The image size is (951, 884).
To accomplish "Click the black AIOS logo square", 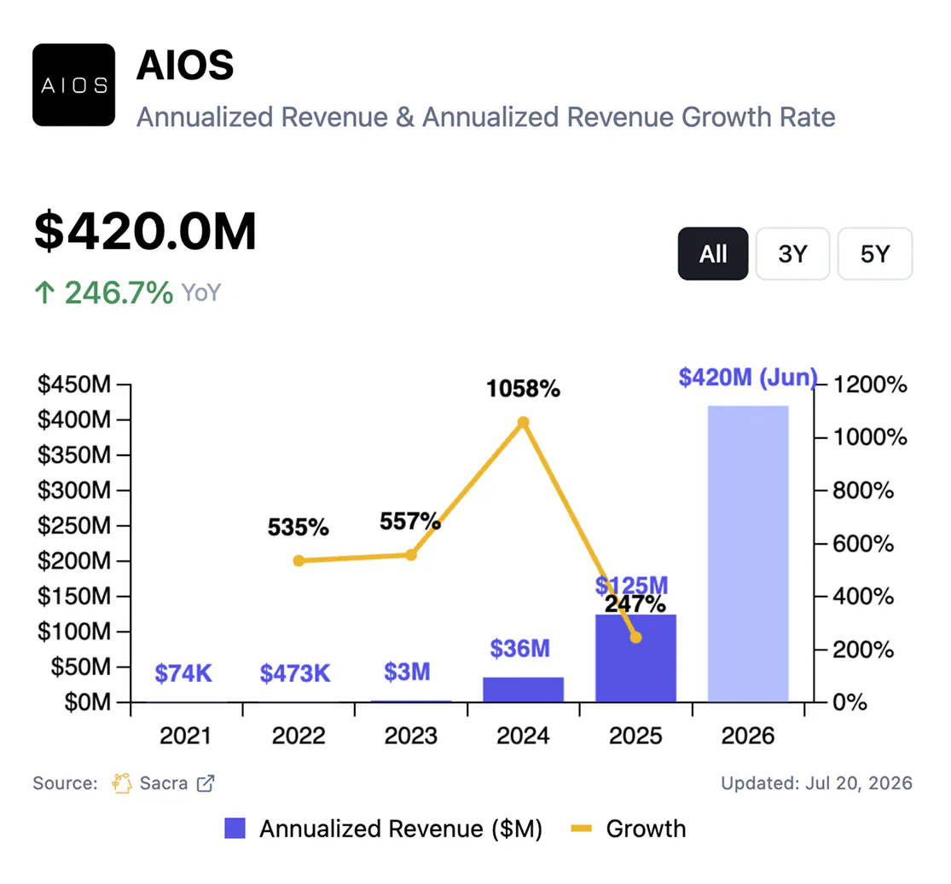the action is pyautogui.click(x=74, y=85).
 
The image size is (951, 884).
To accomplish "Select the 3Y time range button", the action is pyautogui.click(x=792, y=253).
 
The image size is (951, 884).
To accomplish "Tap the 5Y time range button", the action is pyautogui.click(x=875, y=253).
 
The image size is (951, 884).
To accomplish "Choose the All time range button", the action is pyautogui.click(x=713, y=253).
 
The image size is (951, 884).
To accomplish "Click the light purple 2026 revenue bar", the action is pyautogui.click(x=748, y=553).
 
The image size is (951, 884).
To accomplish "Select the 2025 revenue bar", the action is pyautogui.click(x=635, y=658).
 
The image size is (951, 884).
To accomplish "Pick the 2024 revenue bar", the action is pyautogui.click(x=524, y=690).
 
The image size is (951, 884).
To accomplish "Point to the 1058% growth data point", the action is pyautogui.click(x=524, y=422).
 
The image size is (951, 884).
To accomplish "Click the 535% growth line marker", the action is pyautogui.click(x=299, y=561).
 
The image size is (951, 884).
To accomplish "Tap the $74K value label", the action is pyautogui.click(x=183, y=673).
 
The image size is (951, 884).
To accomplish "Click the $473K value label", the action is pyautogui.click(x=295, y=673).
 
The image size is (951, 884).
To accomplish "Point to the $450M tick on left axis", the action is pyautogui.click(x=74, y=384).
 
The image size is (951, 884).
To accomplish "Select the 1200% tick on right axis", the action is pyautogui.click(x=870, y=384).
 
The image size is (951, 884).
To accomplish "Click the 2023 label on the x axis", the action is pyautogui.click(x=410, y=736).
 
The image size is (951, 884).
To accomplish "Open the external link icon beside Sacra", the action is pyautogui.click(x=206, y=783).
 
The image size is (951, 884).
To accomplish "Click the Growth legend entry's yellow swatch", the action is pyautogui.click(x=581, y=829).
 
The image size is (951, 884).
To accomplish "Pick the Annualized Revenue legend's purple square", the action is pyautogui.click(x=235, y=829).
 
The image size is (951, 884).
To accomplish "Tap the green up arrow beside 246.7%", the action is pyautogui.click(x=44, y=292).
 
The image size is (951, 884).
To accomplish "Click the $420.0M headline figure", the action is pyautogui.click(x=146, y=231).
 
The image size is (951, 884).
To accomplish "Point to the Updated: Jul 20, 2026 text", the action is pyautogui.click(x=816, y=783).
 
